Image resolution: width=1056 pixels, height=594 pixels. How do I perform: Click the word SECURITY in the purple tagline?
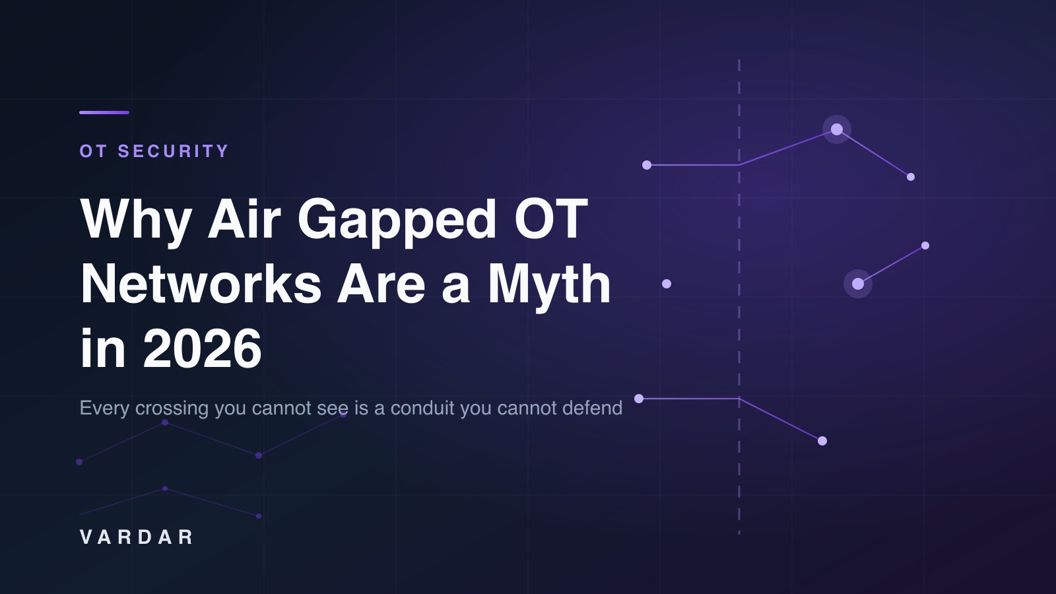[x=173, y=151]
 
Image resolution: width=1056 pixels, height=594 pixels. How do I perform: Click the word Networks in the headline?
[x=201, y=284]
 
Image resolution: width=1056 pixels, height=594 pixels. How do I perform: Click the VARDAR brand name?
[x=136, y=537]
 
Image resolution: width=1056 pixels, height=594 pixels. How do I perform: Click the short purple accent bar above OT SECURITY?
[x=104, y=113]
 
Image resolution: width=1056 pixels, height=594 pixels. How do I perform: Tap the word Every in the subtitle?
[x=104, y=409]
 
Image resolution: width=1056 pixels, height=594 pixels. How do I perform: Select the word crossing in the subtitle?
[x=172, y=409]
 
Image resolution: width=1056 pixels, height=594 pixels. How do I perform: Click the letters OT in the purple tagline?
[x=93, y=151]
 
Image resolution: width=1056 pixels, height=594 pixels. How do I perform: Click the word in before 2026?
[x=103, y=348]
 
